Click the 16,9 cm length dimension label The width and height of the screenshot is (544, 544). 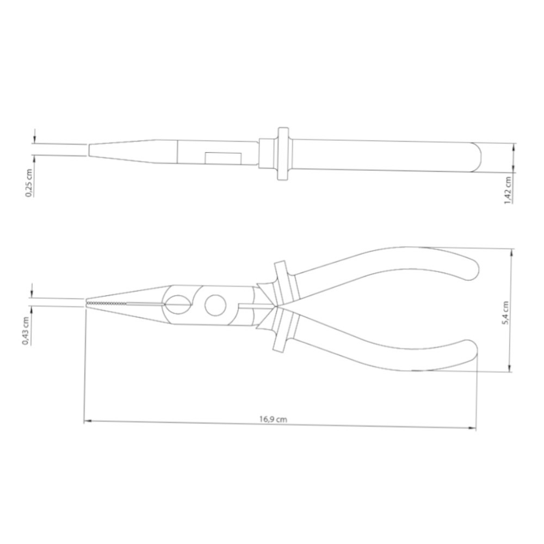273,419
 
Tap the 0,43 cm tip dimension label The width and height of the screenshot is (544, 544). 26,331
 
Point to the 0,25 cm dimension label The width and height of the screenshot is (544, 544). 29,183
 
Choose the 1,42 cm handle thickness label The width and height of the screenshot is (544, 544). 508,190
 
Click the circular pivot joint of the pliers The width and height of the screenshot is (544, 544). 215,306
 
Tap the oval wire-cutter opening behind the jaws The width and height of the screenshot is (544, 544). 177,305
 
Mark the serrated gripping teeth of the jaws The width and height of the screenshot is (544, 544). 108,304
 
